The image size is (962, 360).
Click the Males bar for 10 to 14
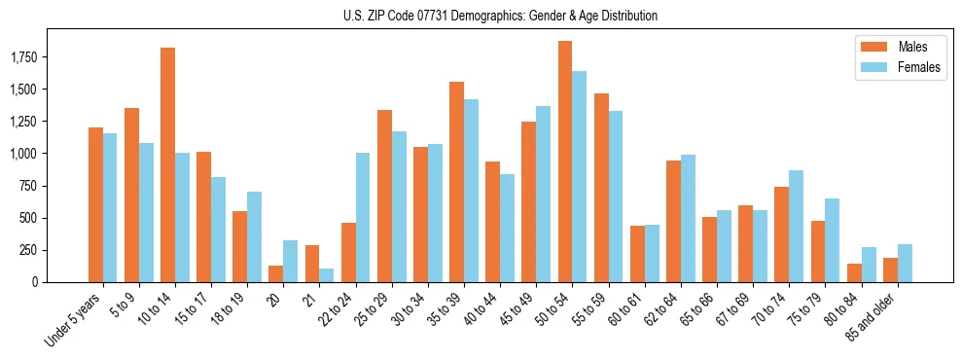coord(167,164)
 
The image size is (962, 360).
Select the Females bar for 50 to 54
coord(580,176)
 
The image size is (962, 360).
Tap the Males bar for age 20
coord(275,273)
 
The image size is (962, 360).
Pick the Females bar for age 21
coord(326,275)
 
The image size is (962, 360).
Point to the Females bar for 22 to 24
coord(363,217)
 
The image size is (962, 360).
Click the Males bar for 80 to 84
coord(854,272)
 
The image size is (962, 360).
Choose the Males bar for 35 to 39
coord(456,182)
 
